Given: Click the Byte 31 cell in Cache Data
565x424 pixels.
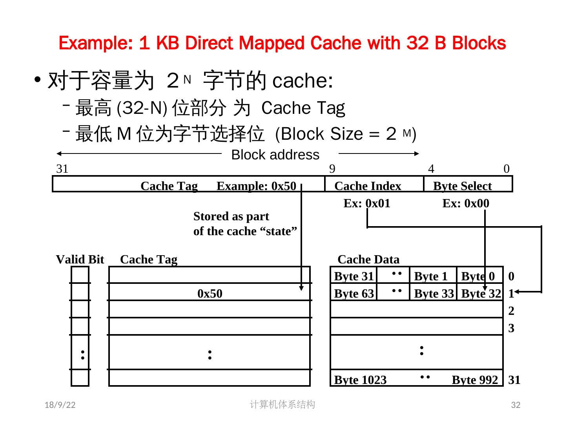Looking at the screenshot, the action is [x=354, y=276].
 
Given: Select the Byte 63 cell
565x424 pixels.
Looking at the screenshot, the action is [x=354, y=294].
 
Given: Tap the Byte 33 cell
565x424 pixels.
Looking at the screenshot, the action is [x=434, y=294].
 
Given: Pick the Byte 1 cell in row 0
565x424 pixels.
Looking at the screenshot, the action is [x=430, y=276].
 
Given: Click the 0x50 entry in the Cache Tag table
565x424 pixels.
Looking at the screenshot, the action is [x=210, y=294].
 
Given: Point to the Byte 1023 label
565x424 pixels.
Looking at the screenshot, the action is [x=360, y=380].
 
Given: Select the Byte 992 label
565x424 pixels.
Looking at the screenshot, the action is [x=475, y=380].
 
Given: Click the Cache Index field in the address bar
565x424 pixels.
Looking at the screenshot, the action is [x=368, y=186].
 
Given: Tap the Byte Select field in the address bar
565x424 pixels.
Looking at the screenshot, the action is [x=462, y=186].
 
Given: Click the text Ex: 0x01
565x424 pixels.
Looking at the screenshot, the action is [x=367, y=203].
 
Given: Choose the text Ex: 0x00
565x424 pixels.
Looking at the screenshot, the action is [x=466, y=203].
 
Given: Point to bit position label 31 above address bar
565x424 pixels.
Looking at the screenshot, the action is [x=62, y=169].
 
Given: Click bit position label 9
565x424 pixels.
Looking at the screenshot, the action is [x=332, y=169].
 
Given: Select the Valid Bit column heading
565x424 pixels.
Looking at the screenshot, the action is [x=80, y=260].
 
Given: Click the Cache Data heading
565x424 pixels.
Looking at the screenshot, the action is [x=368, y=260].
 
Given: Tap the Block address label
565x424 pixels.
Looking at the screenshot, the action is [x=275, y=155].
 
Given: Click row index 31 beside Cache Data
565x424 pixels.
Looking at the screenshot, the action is [x=514, y=380].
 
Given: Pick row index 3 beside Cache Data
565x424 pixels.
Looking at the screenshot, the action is [x=511, y=328].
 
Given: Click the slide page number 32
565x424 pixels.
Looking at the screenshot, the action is [x=516, y=405].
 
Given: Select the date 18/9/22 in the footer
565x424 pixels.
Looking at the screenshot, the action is [x=60, y=405].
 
